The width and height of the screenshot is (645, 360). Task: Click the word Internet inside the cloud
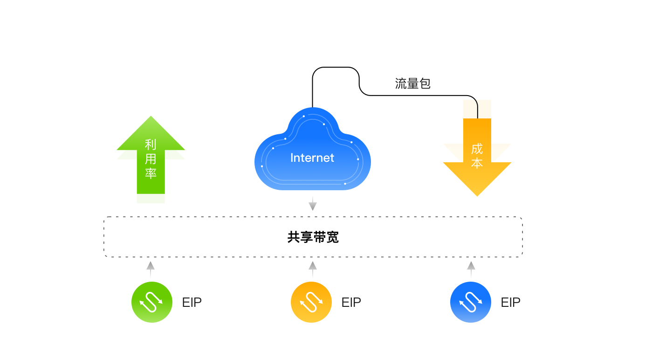coord(312,158)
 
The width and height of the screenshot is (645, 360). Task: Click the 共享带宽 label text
coord(313,237)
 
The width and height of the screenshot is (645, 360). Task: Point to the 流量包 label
coord(412,84)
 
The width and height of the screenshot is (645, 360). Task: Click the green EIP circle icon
coord(152,302)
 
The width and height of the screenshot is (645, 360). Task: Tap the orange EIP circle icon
coord(311,302)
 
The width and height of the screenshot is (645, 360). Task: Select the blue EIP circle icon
coord(471,302)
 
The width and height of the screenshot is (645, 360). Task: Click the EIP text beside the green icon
coord(192,303)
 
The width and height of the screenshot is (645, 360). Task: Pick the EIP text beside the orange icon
coord(351,303)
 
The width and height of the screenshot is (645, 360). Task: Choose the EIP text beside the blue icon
coord(511,303)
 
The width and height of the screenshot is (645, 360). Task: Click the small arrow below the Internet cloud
coord(313,203)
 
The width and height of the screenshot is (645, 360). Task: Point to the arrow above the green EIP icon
coord(151,270)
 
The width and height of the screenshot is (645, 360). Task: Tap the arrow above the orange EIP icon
coord(313,270)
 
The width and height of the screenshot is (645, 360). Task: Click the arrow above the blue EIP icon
coord(471,270)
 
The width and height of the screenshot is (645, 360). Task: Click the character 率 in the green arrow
coord(151,173)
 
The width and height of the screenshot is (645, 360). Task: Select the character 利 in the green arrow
coord(151,145)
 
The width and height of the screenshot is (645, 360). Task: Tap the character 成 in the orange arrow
coord(477,149)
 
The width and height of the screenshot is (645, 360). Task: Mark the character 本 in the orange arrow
coord(477,163)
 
